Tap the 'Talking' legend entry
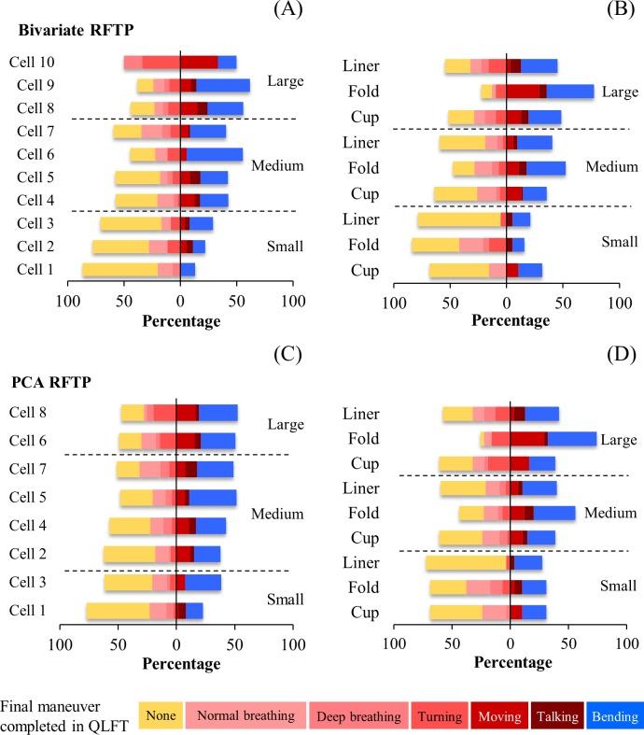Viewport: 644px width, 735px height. pos(558,716)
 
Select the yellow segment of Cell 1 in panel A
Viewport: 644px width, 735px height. pos(119,270)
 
